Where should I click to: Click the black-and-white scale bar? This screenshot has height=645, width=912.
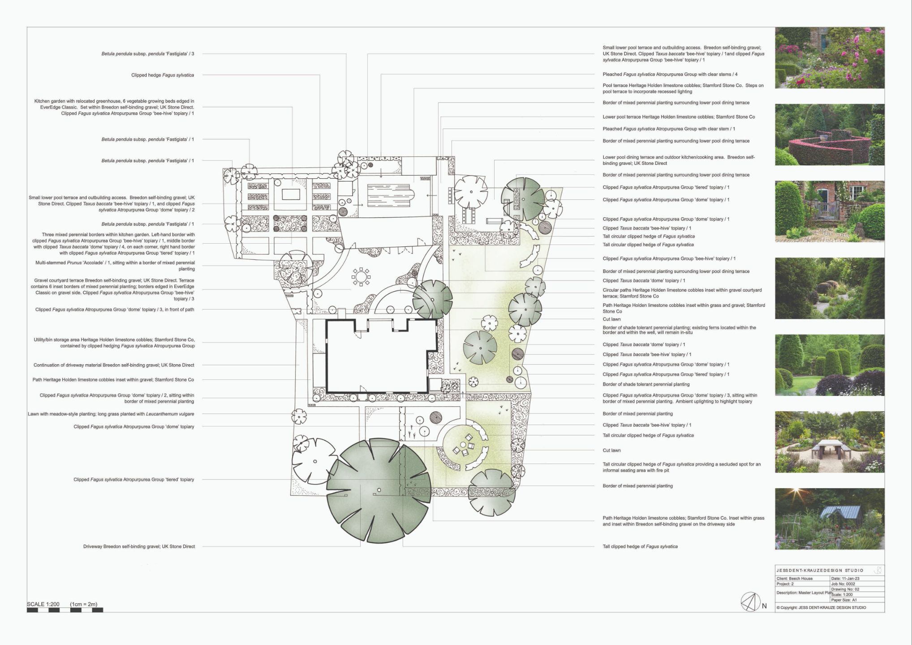(x=65, y=610)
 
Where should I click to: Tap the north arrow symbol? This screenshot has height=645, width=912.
(x=751, y=602)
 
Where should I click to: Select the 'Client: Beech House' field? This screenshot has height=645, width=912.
(x=795, y=579)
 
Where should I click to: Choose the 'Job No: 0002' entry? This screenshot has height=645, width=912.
(x=843, y=584)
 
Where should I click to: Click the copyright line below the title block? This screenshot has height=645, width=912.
(x=821, y=608)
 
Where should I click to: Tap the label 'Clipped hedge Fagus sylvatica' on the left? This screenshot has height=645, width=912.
(x=163, y=75)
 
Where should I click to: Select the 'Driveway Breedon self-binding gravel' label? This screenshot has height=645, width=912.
(x=139, y=546)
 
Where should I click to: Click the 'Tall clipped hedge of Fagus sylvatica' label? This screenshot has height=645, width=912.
(x=640, y=546)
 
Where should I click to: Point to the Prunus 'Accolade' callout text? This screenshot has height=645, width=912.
(x=115, y=266)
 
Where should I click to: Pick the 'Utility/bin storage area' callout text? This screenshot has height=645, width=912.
(x=114, y=343)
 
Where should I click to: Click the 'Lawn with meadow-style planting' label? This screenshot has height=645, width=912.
(x=111, y=414)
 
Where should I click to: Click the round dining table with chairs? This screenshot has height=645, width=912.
(x=361, y=276)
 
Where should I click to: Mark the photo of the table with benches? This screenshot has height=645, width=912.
(x=830, y=442)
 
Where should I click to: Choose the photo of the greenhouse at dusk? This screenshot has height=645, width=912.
(x=830, y=519)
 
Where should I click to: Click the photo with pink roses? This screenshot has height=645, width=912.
(x=830, y=58)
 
